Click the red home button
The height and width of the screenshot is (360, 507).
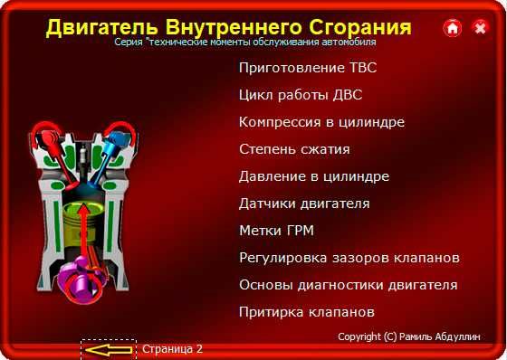pyautogui.click(x=453, y=28)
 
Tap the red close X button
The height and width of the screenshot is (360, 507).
pyautogui.click(x=480, y=28)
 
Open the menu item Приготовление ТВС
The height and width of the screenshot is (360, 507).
pyautogui.click(x=307, y=68)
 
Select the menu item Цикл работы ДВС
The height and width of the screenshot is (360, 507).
pyautogui.click(x=301, y=95)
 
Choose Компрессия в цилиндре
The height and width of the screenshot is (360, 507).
pyautogui.click(x=321, y=122)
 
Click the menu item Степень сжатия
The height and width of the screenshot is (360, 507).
pyautogui.click(x=294, y=149)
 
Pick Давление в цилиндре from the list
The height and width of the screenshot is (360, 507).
pyautogui.click(x=314, y=176)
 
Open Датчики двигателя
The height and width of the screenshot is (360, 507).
pyautogui.click(x=304, y=204)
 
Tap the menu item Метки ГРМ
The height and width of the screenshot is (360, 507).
pyautogui.click(x=275, y=231)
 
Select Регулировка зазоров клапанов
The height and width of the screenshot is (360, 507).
pyautogui.click(x=349, y=258)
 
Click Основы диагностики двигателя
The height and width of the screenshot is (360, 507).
pyautogui.click(x=348, y=285)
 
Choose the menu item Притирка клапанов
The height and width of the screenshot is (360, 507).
pyautogui.click(x=306, y=312)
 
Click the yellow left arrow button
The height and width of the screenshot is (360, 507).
pyautogui.click(x=108, y=348)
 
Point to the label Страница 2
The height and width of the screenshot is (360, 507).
pyautogui.click(x=172, y=348)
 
